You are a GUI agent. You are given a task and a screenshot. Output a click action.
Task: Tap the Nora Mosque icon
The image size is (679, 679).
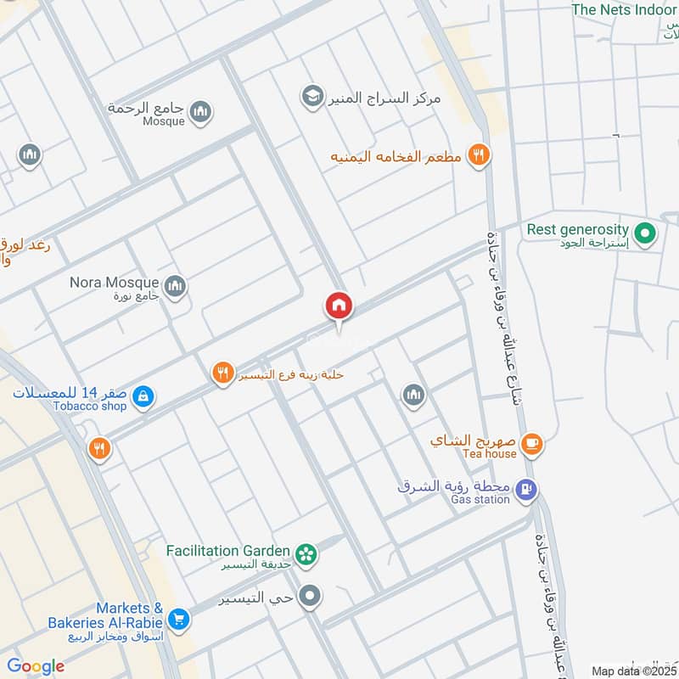[x=176, y=286]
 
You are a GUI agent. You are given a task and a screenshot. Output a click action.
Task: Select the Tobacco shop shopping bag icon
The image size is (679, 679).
[x=143, y=396]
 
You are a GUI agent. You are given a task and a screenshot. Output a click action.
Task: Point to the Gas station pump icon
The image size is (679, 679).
[x=527, y=490]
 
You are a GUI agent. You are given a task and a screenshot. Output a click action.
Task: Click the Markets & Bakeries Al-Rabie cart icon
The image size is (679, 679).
[x=177, y=619]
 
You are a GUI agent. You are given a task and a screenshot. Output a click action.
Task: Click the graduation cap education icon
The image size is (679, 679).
[x=312, y=97]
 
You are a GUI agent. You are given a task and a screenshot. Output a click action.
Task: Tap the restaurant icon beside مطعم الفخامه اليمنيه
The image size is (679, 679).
[x=479, y=155]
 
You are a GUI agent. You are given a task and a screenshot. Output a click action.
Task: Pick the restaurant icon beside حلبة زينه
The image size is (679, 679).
[x=222, y=373]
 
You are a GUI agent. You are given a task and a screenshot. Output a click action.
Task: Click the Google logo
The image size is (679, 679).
[x=35, y=666]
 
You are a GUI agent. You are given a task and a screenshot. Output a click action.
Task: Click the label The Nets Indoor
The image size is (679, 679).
[x=624, y=9]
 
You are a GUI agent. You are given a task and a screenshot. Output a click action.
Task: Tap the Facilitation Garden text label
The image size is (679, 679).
[x=229, y=549]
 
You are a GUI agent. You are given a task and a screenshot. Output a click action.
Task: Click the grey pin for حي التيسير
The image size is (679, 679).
[x=311, y=596]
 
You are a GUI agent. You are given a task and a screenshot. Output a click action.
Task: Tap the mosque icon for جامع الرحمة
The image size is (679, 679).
[x=201, y=111]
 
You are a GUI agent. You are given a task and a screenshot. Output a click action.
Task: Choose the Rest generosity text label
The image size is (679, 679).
[x=577, y=229]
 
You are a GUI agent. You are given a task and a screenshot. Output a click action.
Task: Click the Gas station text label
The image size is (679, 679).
[x=480, y=500]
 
